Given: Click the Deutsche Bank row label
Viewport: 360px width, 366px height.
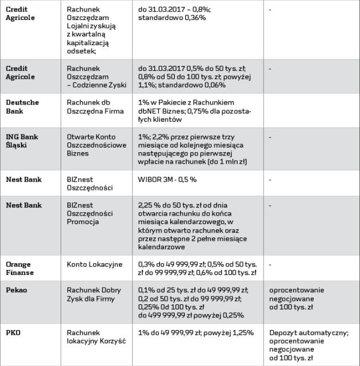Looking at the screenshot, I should tap(22, 106).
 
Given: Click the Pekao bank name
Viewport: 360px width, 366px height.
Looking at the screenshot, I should tap(17, 290).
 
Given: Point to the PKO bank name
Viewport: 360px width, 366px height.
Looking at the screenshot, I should tap(13, 333).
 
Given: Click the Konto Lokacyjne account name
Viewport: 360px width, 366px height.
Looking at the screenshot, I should tap(94, 264).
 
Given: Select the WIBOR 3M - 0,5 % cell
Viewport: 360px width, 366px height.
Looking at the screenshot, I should tap(167, 179).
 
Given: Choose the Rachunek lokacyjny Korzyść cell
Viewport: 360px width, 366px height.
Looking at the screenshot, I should tap(95, 337).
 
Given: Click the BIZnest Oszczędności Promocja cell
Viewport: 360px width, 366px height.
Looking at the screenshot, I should tap(90, 213).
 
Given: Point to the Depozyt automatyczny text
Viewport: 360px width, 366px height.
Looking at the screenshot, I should tap(308, 333).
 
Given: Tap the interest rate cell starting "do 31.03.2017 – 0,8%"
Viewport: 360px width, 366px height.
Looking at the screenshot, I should tap(174, 14).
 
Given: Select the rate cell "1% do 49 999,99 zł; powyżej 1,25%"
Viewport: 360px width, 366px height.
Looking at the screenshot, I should tap(196, 333).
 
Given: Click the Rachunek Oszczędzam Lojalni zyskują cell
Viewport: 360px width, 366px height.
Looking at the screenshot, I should tap(92, 30).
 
